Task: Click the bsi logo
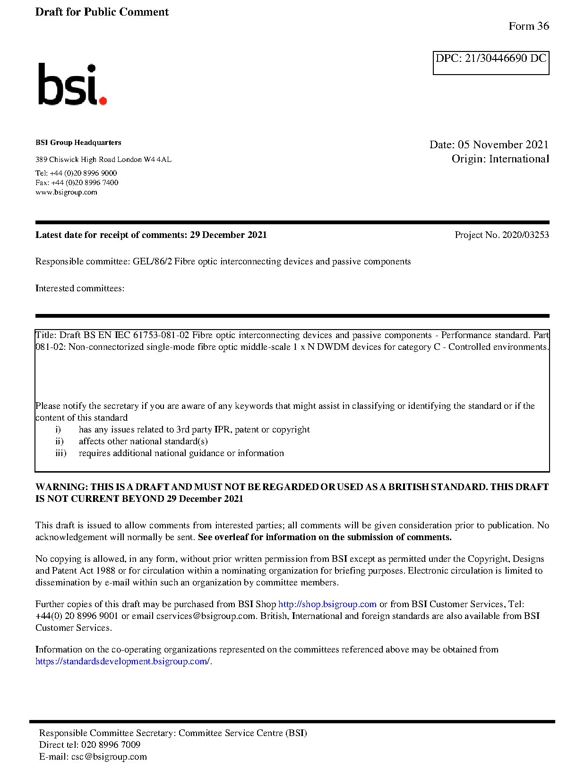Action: [x=72, y=85]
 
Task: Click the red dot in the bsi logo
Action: [x=103, y=100]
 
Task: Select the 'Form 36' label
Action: [x=529, y=26]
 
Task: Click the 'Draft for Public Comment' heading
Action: [x=102, y=12]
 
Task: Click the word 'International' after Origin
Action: [x=519, y=159]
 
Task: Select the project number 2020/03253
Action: [x=525, y=235]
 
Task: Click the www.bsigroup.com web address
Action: [x=66, y=193]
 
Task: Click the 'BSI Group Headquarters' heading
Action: [x=78, y=143]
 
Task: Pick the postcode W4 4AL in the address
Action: [x=158, y=160]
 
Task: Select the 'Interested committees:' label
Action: [x=80, y=288]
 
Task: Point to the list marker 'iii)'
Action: [x=60, y=453]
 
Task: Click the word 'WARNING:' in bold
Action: [x=61, y=487]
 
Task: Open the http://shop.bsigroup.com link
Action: [x=327, y=604]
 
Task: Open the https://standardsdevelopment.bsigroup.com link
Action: [x=122, y=661]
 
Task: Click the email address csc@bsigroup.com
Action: [x=109, y=757]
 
